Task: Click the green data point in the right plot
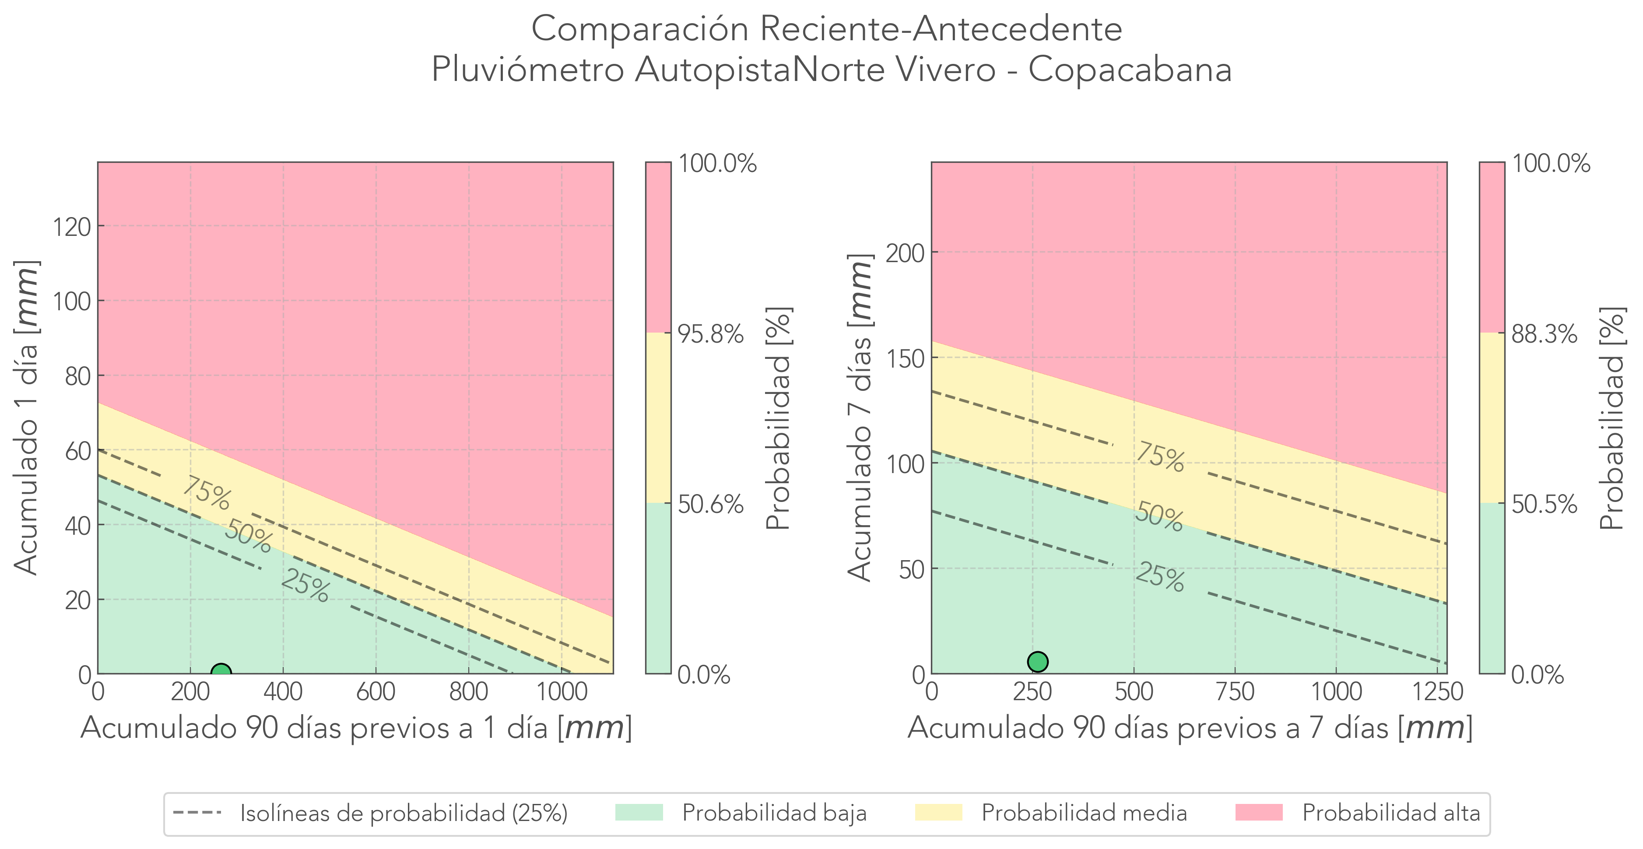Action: tap(1038, 661)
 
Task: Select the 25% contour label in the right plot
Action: tap(1159, 577)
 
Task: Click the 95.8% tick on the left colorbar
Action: tap(710, 333)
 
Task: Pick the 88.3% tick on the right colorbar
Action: tap(1544, 333)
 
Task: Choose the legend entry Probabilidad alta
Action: tap(1390, 813)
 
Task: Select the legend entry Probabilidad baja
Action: tap(774, 813)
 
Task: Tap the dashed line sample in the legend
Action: tap(197, 813)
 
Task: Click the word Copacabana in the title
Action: tap(1130, 69)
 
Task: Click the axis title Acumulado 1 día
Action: tap(26, 418)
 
